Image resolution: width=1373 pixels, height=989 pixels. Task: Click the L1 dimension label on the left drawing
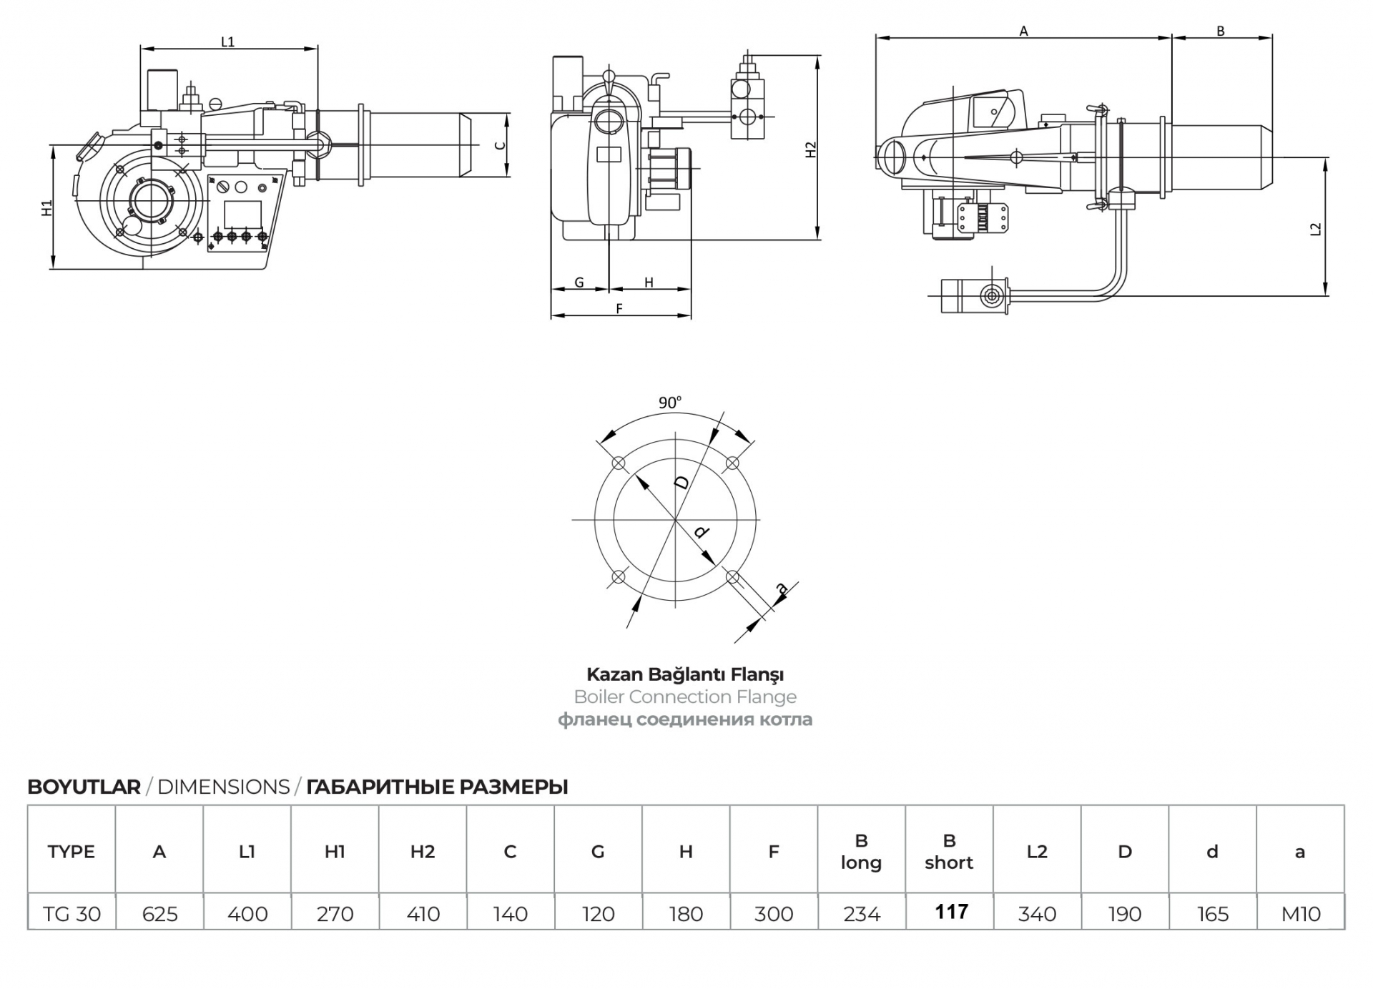[x=227, y=42]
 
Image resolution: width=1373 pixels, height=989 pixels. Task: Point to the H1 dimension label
[x=47, y=208]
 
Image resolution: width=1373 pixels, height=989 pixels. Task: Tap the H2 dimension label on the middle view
[x=811, y=150]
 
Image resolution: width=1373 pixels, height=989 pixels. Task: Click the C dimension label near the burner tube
[x=501, y=145]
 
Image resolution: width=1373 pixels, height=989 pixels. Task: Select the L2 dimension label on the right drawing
[x=1316, y=230]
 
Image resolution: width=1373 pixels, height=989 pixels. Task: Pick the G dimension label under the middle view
[x=579, y=282]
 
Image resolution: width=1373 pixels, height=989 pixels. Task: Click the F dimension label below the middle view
[x=619, y=308]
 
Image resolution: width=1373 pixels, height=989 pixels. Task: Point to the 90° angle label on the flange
[x=670, y=403]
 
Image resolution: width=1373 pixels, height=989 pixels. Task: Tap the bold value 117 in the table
[x=951, y=912]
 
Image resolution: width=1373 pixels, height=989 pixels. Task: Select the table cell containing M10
[x=1300, y=913]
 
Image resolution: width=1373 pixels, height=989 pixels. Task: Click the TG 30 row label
[x=72, y=913]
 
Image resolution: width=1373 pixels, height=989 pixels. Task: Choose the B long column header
[x=861, y=852]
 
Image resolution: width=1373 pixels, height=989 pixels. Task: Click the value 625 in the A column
[x=159, y=913]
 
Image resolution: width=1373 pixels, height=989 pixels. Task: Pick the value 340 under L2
[x=1037, y=913]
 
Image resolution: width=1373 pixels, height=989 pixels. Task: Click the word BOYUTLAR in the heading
[x=84, y=787]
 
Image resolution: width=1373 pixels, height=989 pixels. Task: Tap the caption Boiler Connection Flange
[x=685, y=697]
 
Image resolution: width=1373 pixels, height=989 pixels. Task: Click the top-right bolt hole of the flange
[x=732, y=463]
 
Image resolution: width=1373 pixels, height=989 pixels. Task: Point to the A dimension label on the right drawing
[x=1023, y=31]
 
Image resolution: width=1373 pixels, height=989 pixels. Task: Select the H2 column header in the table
[x=423, y=852]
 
